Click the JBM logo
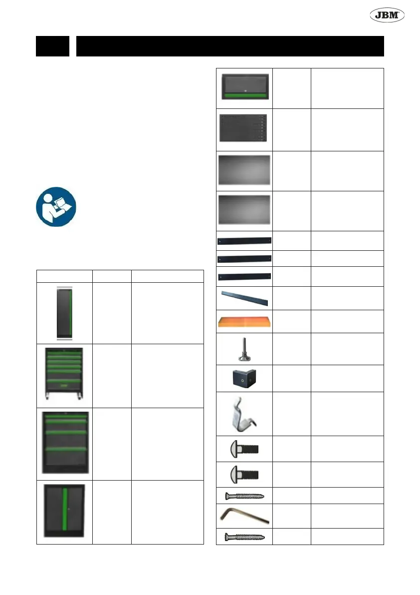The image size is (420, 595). (x=387, y=15)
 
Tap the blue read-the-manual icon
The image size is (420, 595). (x=56, y=207)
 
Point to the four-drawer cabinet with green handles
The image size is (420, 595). (x=64, y=443)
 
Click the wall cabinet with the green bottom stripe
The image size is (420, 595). (x=245, y=87)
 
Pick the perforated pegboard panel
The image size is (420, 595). (x=244, y=128)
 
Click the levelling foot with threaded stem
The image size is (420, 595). (x=245, y=348)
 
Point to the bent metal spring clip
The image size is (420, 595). (x=244, y=413)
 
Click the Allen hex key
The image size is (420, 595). (x=244, y=516)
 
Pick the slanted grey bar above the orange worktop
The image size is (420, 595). (x=245, y=298)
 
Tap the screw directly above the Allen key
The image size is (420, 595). (x=244, y=496)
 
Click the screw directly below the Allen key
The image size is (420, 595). (x=244, y=537)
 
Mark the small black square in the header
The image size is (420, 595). (x=52, y=46)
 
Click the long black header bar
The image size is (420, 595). (x=230, y=46)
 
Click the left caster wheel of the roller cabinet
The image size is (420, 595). (x=48, y=398)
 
